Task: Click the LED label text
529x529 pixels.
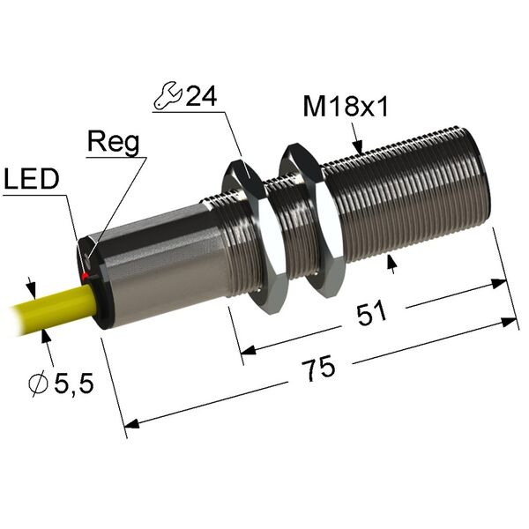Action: point(32,178)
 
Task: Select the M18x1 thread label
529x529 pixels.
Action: point(346,107)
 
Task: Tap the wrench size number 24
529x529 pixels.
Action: point(202,95)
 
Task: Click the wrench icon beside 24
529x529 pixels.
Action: point(168,95)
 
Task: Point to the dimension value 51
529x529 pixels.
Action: point(371,314)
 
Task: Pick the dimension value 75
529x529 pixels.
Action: point(318,368)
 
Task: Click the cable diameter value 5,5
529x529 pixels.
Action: point(74,384)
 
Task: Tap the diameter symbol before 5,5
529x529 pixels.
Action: point(37,384)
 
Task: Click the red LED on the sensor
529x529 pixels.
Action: point(85,277)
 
